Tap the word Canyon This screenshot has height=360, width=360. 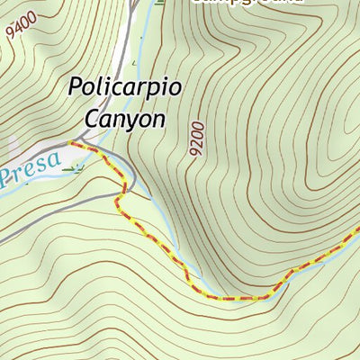click(x=125, y=118)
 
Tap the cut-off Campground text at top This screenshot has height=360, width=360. click(x=247, y=2)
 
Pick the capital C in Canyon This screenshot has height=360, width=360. click(x=91, y=117)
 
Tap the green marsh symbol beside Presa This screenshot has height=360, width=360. click(x=76, y=166)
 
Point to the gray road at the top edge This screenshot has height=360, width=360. click(x=136, y=3)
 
